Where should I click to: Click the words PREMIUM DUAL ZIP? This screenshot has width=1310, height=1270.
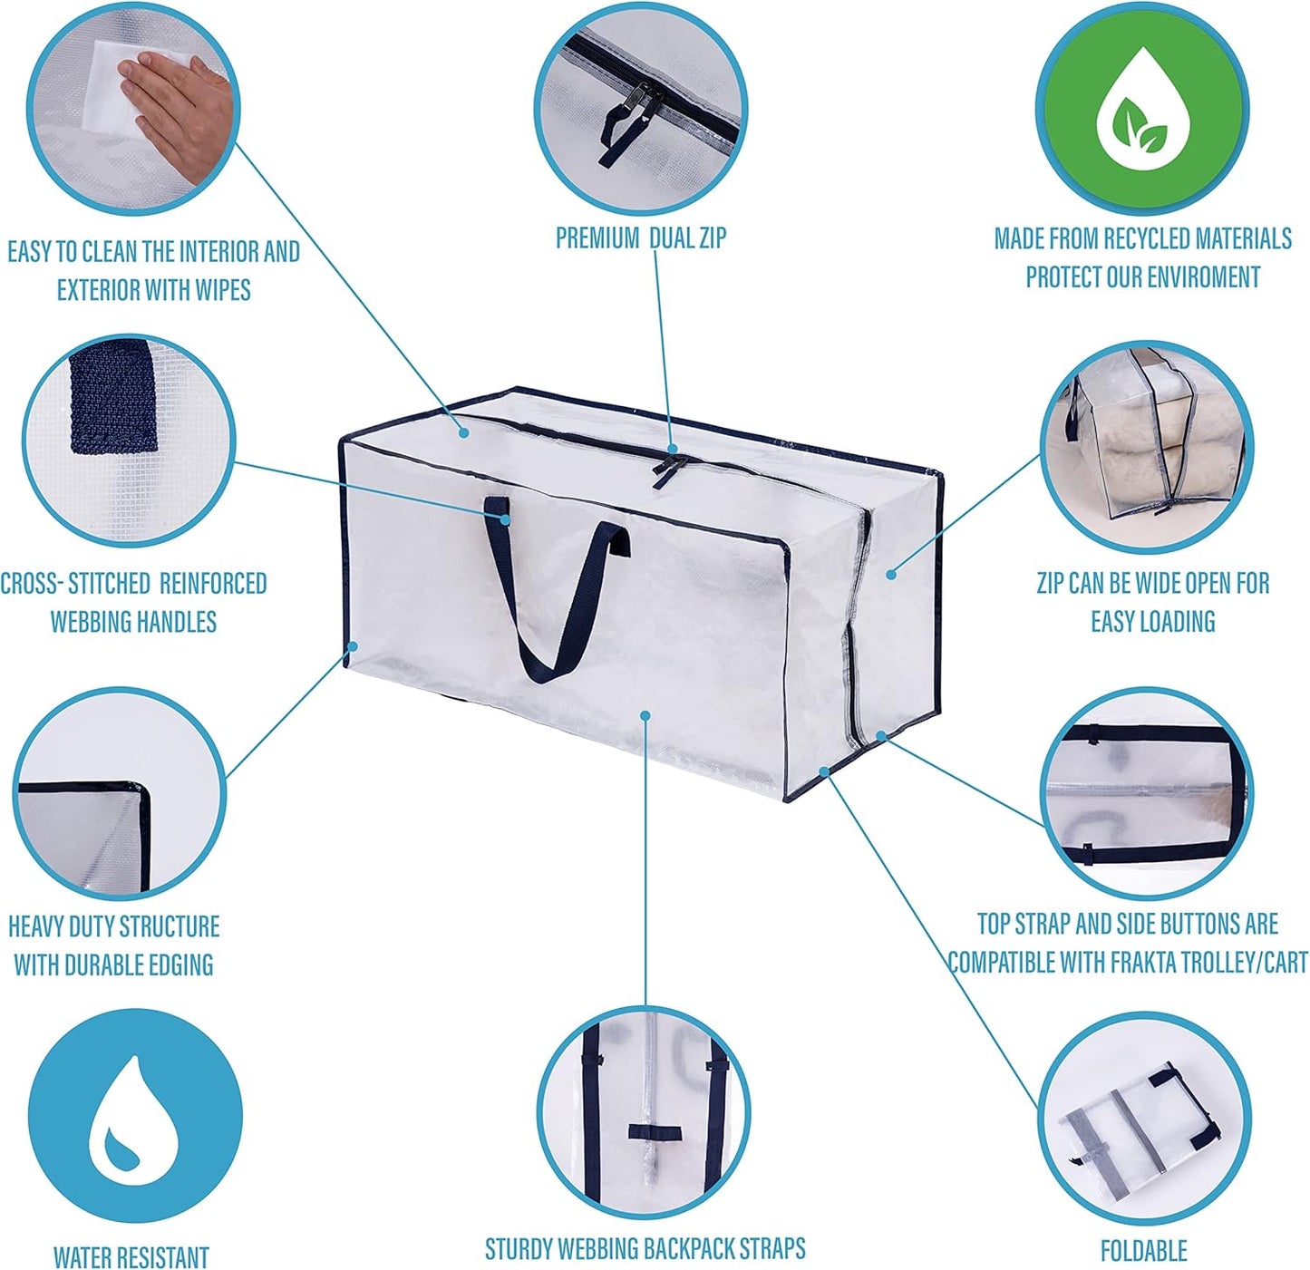tap(641, 238)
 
